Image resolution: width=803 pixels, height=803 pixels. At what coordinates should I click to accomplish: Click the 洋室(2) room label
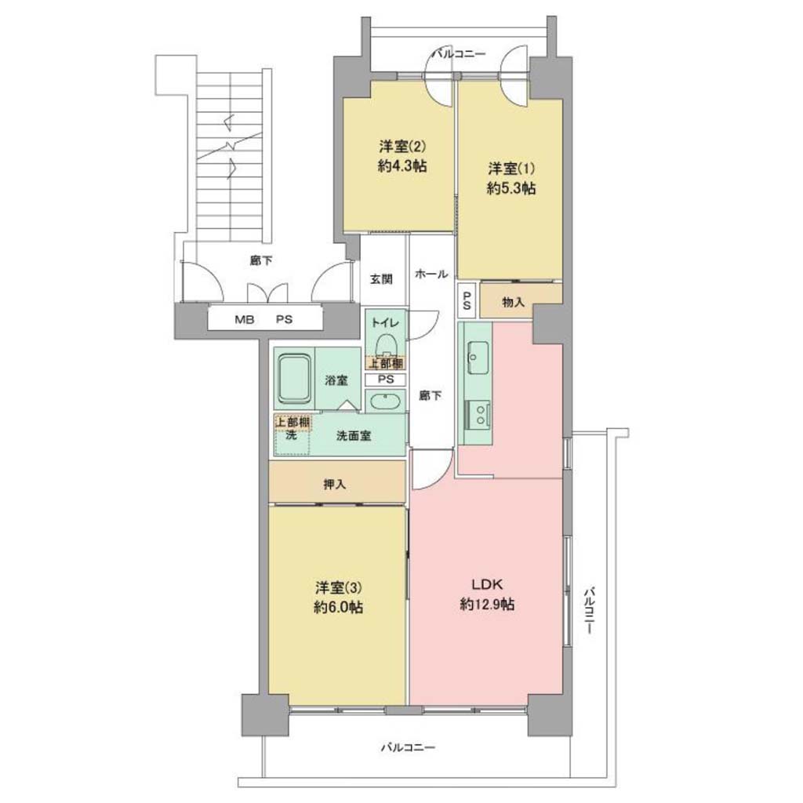402,147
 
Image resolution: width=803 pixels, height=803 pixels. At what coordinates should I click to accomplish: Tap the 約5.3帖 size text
511,188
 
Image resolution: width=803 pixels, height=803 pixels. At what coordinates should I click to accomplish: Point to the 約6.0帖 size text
339,608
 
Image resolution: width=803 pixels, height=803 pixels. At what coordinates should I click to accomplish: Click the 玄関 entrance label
382,279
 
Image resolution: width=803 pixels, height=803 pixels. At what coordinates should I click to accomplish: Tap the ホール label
431,274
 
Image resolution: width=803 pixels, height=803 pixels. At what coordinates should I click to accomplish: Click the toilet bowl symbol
386,345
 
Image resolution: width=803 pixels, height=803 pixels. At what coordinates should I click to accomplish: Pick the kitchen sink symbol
478,358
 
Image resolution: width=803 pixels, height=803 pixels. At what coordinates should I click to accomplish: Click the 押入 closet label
335,484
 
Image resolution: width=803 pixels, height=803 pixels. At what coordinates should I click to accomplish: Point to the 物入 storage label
513,302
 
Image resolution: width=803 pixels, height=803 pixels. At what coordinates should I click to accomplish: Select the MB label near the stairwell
245,320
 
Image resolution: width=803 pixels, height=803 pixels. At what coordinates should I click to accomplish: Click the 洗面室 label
354,436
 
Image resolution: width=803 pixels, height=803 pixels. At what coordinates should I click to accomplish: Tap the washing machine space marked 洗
292,436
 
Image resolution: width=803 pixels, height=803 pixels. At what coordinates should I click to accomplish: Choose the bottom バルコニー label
408,747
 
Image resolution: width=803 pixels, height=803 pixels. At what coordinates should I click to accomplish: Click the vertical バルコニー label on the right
589,610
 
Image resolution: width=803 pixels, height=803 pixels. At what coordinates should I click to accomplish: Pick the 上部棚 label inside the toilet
386,364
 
